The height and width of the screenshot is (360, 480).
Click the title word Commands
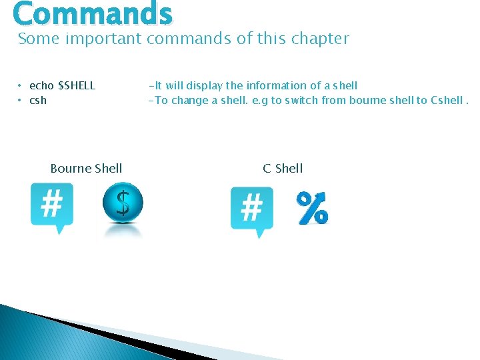point(93,13)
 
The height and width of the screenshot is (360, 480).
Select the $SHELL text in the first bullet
point(77,85)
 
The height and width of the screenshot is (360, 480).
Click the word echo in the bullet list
point(41,85)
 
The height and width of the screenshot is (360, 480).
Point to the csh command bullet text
point(38,101)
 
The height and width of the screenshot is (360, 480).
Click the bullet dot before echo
point(20,85)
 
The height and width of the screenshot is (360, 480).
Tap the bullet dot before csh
point(20,101)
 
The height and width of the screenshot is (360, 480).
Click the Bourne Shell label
point(86,168)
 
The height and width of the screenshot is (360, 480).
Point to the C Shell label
point(283,168)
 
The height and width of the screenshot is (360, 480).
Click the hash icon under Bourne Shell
point(52,206)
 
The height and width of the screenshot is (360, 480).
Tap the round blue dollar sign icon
point(123,203)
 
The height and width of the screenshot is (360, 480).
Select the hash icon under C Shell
point(251,210)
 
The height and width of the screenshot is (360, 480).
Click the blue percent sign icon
point(312,208)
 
